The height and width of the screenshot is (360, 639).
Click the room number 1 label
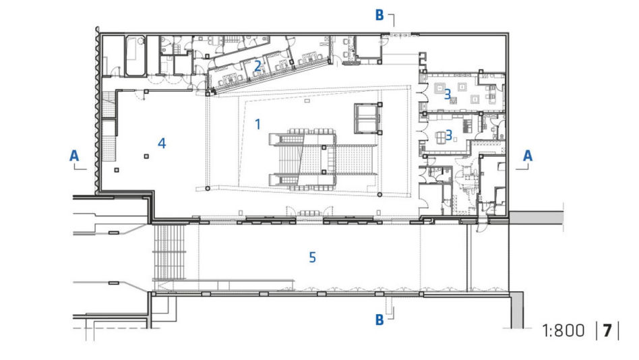click(257, 124)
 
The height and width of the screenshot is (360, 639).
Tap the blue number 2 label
click(257, 65)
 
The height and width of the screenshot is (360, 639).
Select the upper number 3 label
click(448, 94)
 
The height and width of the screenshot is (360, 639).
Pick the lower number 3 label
click(449, 135)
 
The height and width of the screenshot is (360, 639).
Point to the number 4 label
click(162, 143)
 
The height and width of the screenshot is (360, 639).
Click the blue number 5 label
click(312, 258)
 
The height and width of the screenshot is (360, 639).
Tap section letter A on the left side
click(73, 156)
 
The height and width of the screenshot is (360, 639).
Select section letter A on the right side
click(528, 156)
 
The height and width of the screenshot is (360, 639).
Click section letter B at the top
click(379, 15)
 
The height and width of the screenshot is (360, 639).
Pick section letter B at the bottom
click(379, 320)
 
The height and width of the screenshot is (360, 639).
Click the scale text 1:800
click(564, 330)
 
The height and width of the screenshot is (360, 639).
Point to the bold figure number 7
click(607, 330)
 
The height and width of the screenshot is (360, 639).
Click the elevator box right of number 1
click(367, 119)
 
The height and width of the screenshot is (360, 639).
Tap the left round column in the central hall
click(208, 188)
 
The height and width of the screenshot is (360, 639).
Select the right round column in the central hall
click(379, 195)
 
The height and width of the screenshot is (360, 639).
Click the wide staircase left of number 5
click(169, 252)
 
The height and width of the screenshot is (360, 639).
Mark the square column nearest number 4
click(146, 156)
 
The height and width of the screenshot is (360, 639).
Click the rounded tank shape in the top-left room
click(135, 56)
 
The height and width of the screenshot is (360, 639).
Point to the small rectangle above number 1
click(307, 100)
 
